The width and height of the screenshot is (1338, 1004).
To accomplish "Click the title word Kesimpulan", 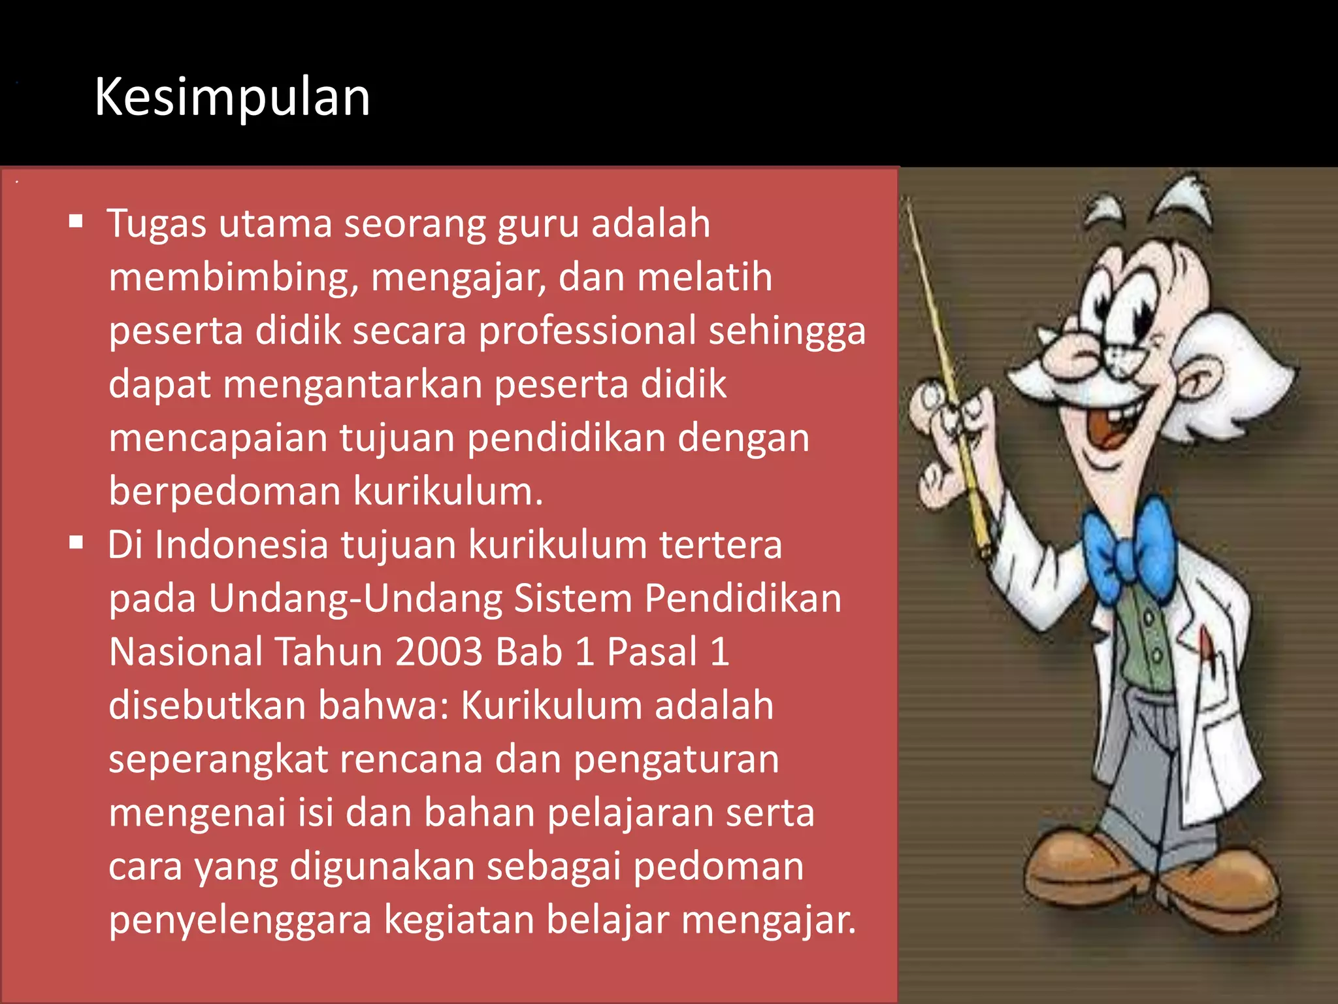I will pos(232,97).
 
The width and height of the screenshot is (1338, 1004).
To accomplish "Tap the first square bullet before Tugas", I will pos(76,221).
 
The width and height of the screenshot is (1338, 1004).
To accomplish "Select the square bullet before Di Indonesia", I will pos(76,542).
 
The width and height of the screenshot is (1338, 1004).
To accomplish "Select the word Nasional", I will pos(186,652).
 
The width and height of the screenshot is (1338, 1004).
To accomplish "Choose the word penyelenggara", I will pos(240,920).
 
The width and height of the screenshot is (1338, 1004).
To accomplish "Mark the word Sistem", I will pos(573,599).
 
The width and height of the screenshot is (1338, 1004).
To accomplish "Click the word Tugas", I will pos(157,224).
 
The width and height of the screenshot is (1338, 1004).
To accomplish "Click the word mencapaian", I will pos(218,438).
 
